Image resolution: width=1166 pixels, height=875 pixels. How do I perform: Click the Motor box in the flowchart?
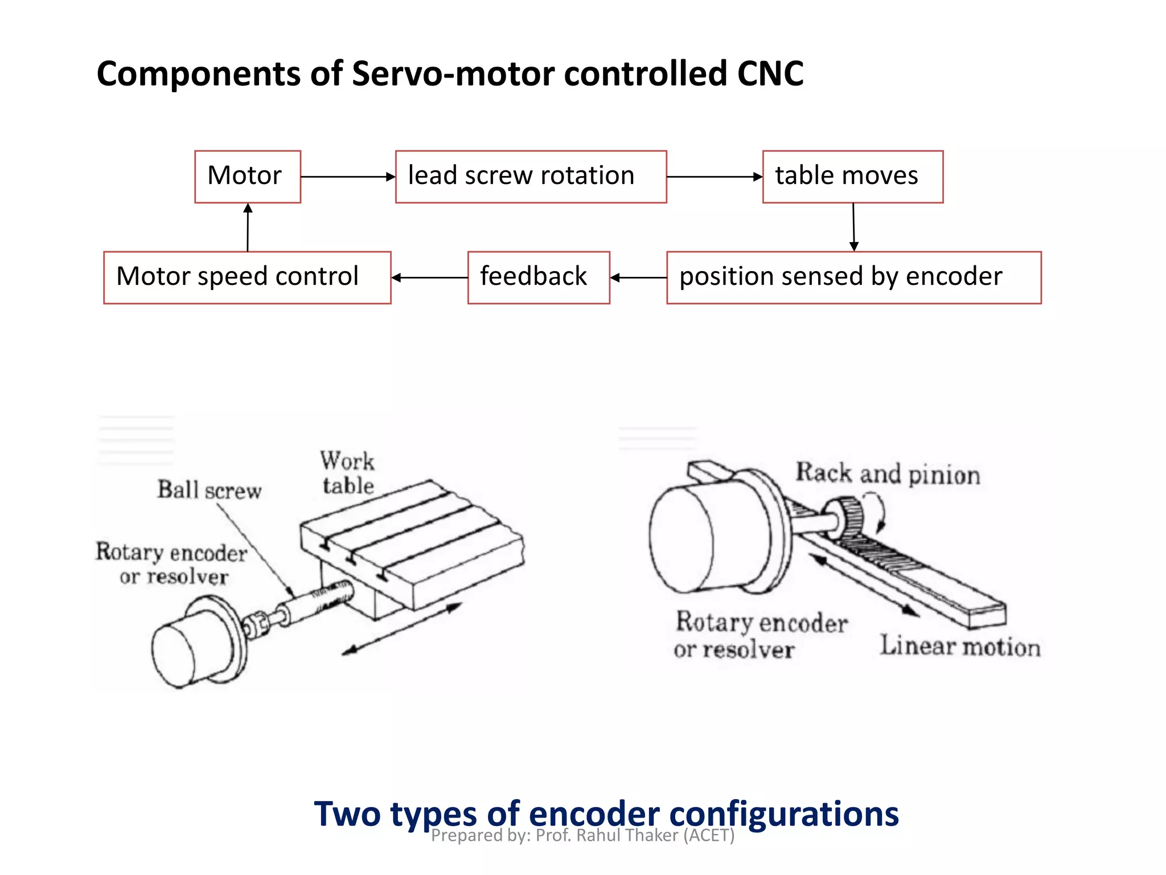(247, 176)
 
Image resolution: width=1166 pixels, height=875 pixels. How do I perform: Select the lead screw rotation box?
(531, 176)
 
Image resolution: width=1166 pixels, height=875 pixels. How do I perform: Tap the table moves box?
(852, 176)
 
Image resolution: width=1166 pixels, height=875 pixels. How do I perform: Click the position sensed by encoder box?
(853, 277)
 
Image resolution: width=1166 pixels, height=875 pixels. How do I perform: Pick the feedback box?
(538, 277)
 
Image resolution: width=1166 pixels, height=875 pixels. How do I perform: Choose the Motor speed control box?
(247, 277)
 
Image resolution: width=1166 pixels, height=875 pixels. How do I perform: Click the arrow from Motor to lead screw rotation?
(347, 177)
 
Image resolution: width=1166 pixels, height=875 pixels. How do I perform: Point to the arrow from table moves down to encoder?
(853, 227)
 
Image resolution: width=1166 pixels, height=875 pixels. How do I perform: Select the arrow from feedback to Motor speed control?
(429, 277)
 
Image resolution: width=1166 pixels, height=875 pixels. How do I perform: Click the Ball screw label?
(210, 490)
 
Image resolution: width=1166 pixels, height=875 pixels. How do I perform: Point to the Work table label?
(347, 473)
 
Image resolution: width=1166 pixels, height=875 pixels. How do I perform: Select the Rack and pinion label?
(887, 474)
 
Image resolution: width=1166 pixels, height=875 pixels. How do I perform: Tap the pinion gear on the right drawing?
(850, 516)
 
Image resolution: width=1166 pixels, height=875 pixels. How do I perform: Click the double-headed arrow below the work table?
(401, 629)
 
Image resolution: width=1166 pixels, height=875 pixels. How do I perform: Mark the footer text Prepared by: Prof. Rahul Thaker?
(582, 836)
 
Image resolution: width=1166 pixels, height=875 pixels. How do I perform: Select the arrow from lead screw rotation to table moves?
(714, 177)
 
